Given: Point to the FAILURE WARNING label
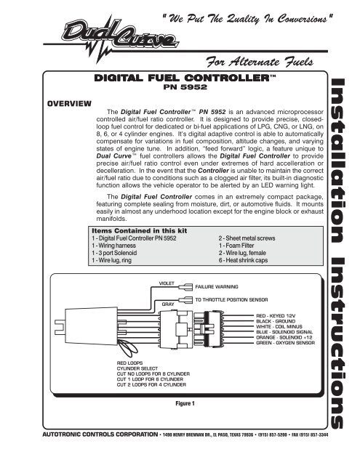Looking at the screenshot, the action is (x=222, y=287).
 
